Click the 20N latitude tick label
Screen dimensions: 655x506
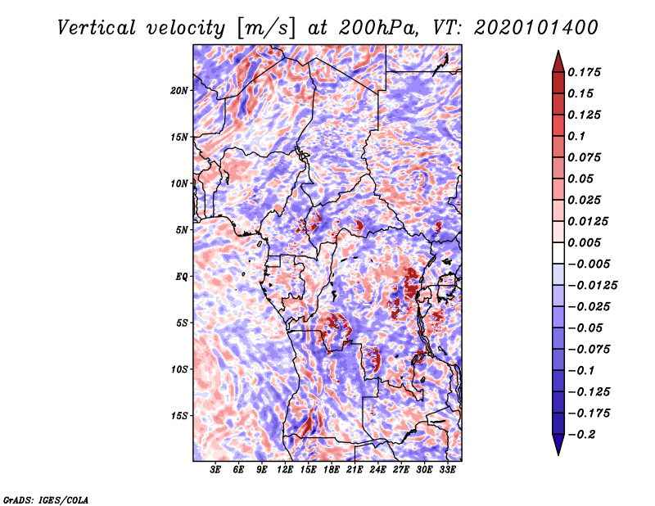[179, 91]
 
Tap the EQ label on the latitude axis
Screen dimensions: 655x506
[181, 277]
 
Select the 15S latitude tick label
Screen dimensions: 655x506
[179, 416]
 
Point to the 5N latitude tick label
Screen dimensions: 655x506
[182, 230]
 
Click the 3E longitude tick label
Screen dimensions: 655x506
[215, 470]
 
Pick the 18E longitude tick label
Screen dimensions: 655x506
[332, 470]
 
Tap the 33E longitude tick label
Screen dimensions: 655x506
[447, 470]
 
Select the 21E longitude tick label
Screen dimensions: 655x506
[355, 470]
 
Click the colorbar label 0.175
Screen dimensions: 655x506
[584, 73]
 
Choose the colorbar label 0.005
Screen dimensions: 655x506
[584, 242]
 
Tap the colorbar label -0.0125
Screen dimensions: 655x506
[592, 286]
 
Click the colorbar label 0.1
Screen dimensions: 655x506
[576, 136]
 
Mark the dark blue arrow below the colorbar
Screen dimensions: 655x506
[558, 445]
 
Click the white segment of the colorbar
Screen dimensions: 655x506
[558, 253]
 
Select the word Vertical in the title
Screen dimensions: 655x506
[97, 28]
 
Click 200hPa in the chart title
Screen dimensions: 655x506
[377, 28]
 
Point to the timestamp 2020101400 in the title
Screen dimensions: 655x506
[536, 28]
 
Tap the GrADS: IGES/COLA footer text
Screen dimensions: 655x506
[46, 499]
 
